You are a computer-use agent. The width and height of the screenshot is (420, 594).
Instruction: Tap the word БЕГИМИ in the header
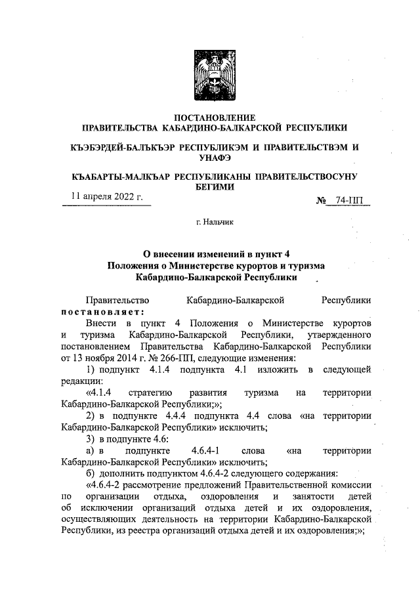click(213, 186)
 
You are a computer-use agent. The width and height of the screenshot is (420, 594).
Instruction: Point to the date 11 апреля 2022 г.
click(106, 197)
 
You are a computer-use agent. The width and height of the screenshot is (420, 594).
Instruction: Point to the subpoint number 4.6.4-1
click(207, 451)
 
